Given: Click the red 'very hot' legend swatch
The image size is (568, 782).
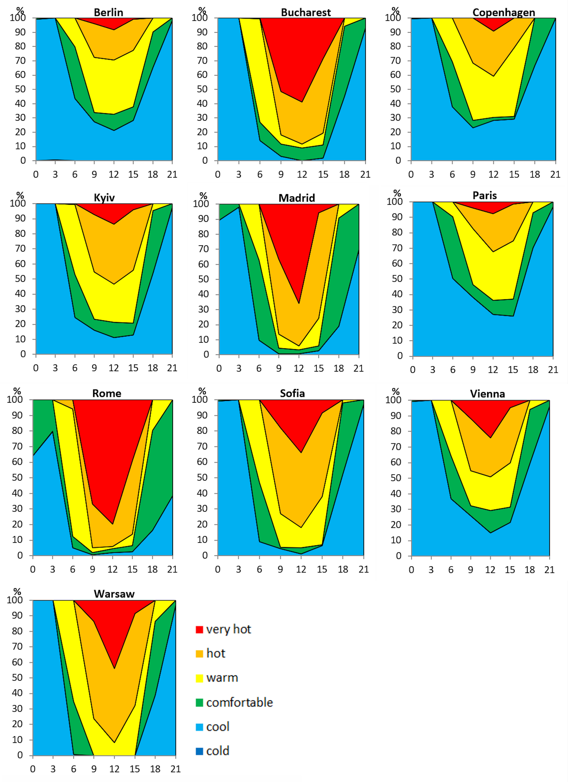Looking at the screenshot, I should [x=199, y=630].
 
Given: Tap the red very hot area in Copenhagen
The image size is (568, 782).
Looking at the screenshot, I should [x=493, y=24].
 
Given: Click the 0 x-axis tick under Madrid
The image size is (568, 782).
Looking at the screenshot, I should [x=219, y=369].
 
